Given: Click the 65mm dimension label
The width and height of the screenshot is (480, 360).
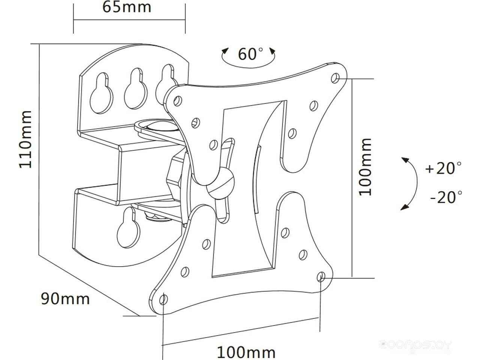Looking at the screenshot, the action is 127,7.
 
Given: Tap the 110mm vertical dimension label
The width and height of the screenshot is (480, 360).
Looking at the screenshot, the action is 25,139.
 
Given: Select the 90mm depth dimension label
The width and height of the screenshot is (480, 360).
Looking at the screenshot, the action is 65,298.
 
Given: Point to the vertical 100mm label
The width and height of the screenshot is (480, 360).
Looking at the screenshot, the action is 365,167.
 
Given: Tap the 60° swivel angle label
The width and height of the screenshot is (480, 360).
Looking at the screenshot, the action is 250,54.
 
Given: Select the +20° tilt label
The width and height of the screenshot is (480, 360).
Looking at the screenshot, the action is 443,168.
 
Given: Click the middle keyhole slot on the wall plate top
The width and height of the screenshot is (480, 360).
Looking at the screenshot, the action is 136,88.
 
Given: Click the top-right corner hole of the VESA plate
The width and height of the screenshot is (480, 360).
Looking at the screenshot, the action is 335,78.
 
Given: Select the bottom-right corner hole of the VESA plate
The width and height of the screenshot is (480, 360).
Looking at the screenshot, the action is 321,277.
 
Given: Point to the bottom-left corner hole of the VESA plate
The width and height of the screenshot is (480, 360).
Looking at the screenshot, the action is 163,299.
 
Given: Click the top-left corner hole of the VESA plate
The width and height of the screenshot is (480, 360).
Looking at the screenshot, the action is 178,101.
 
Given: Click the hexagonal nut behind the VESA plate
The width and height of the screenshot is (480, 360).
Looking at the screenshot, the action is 174,176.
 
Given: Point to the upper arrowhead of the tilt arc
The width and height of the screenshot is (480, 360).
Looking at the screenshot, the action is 406,160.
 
